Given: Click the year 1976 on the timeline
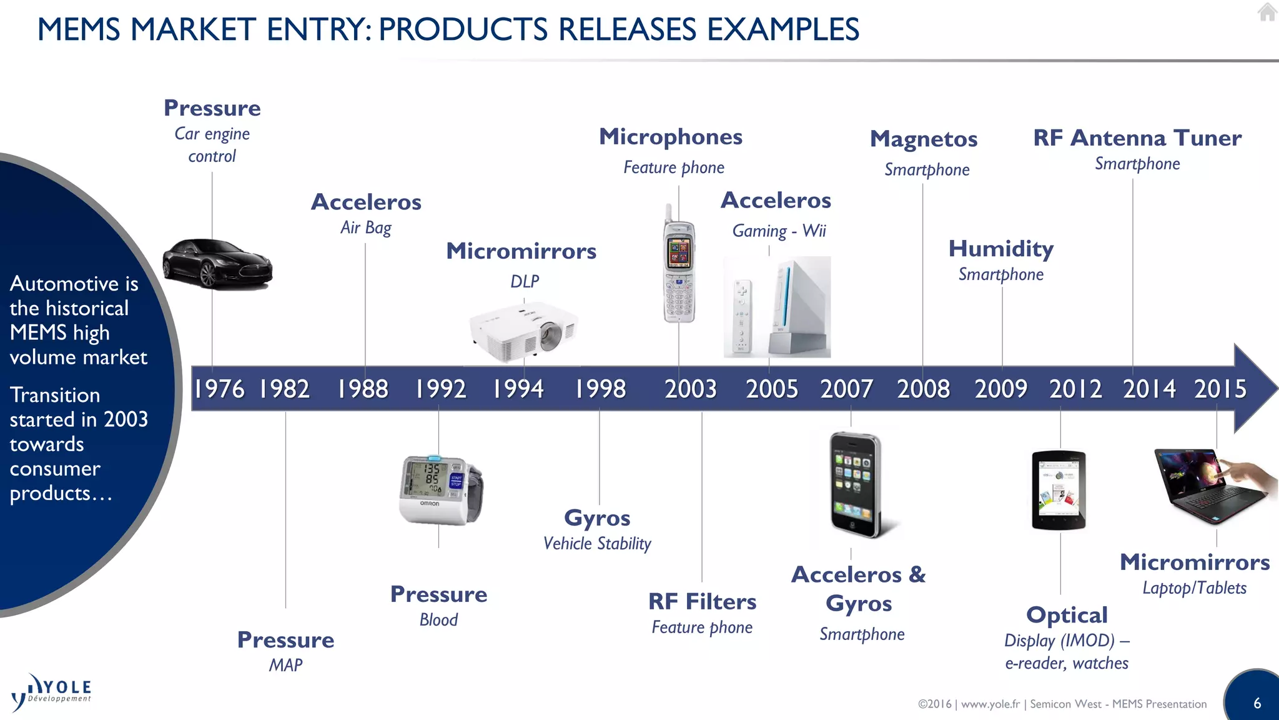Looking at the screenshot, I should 219,389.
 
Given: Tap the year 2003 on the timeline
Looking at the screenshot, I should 690,389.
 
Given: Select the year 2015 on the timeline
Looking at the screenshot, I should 1220,389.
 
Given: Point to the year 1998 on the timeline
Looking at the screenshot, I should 600,389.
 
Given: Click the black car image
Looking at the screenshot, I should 217,264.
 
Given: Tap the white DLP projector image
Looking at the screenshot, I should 523,332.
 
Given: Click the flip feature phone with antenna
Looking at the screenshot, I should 678,269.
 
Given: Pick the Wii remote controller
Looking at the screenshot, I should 742,316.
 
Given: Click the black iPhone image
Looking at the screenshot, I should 856,484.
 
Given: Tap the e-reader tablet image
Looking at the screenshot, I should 1059,489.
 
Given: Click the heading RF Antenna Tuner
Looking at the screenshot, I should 1137,138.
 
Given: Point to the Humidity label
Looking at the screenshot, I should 1000,249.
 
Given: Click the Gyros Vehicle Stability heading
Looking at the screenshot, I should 597,518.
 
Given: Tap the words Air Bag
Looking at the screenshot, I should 366,227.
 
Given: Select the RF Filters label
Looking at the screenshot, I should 702,602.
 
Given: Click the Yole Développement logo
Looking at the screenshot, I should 51,692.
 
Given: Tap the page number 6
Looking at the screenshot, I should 1257,703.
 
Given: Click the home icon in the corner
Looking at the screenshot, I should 1267,12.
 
